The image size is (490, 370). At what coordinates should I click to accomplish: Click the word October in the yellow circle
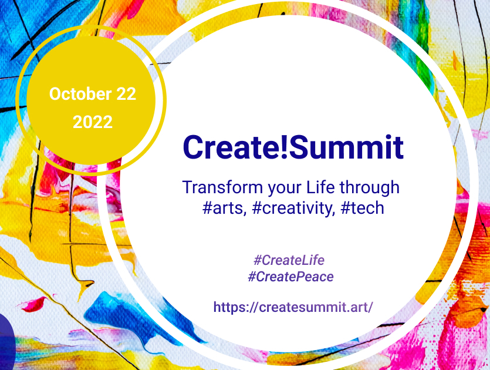(x=80, y=94)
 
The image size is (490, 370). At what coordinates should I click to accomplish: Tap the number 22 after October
(x=126, y=94)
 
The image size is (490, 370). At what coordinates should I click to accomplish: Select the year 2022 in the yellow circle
(x=93, y=122)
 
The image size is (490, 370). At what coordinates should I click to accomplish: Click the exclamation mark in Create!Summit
(x=284, y=147)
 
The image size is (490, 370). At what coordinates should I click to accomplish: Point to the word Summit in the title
(x=346, y=147)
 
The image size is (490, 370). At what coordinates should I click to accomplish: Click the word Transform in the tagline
(x=223, y=187)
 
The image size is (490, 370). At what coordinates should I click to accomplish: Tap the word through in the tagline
(x=369, y=189)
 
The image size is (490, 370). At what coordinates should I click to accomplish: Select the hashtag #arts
(x=223, y=208)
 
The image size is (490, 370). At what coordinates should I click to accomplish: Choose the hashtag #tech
(x=362, y=208)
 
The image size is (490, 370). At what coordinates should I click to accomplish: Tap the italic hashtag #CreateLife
(x=289, y=260)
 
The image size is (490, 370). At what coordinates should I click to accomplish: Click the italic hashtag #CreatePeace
(x=290, y=277)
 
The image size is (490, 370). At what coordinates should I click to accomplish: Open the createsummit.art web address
(x=293, y=307)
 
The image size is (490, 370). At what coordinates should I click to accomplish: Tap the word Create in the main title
(x=231, y=147)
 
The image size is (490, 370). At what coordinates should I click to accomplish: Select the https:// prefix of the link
(x=236, y=307)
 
